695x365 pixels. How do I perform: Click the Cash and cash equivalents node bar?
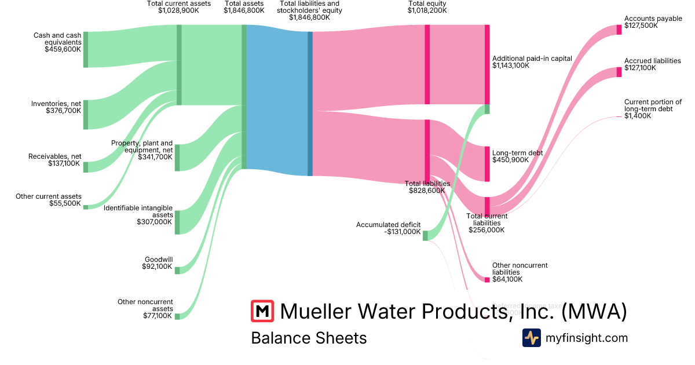(x=86, y=50)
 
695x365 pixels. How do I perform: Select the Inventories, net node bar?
(x=86, y=115)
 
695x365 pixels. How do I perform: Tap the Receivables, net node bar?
(x=86, y=167)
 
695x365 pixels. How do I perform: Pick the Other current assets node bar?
(x=86, y=207)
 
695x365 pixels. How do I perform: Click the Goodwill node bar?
(x=177, y=270)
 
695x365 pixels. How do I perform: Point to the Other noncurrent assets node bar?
(x=177, y=316)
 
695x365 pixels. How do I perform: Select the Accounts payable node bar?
(x=619, y=30)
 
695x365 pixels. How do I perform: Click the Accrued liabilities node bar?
(x=619, y=72)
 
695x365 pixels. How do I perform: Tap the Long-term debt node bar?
(x=487, y=164)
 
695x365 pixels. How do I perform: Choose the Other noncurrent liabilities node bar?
(x=487, y=280)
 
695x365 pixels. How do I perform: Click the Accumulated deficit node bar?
(x=425, y=235)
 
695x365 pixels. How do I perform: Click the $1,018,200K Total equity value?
(x=427, y=10)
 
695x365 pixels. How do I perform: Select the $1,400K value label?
(x=637, y=116)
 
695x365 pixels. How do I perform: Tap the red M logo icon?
(x=262, y=311)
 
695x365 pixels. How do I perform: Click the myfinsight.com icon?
(x=532, y=338)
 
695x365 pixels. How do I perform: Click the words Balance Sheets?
(x=309, y=338)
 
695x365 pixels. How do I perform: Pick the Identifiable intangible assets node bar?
(x=177, y=222)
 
